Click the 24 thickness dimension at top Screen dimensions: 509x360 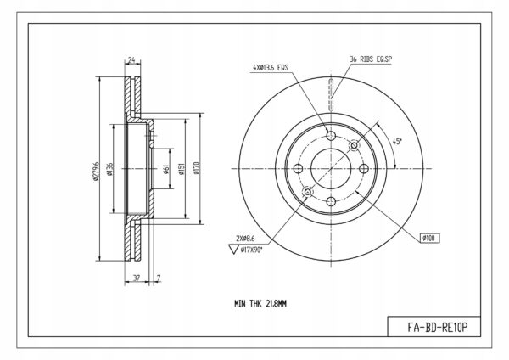click(131, 59)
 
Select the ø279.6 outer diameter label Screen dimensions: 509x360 click(96, 171)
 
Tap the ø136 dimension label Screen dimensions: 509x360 click(109, 169)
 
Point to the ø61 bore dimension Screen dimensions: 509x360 click(166, 169)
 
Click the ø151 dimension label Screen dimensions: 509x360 click(182, 169)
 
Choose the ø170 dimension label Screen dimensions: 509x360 click(197, 168)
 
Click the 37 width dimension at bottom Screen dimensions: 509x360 click(137, 278)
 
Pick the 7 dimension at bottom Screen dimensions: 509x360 click(159, 278)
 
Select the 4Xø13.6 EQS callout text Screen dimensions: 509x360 click(271, 68)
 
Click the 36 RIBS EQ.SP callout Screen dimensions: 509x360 click(371, 59)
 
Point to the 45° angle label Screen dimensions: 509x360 click(397, 142)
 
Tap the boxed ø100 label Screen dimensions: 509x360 click(430, 238)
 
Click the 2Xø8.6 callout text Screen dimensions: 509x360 click(245, 239)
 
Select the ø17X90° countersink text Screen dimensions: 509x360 click(252, 250)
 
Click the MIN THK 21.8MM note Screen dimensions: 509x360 click(260, 304)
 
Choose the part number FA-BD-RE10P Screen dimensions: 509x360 click(437, 327)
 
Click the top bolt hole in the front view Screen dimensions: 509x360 click(331, 136)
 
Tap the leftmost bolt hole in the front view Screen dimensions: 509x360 click(298, 169)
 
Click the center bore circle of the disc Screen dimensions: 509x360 click(331, 149)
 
